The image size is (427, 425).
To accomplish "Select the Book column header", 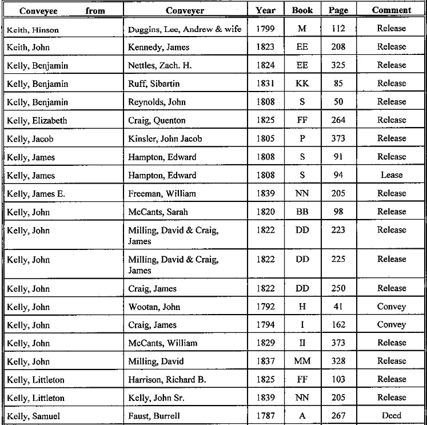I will coord(302,10).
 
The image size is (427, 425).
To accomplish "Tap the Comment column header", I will coord(391,10).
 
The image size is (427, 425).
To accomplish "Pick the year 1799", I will coord(266,29).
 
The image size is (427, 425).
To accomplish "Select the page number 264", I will coord(338,120).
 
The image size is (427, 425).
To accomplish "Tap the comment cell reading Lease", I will coord(391,175).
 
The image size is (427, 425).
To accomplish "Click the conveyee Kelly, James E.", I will coord(35,194).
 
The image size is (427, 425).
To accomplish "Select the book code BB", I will coord(302,212).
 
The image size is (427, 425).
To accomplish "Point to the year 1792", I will coord(266,306).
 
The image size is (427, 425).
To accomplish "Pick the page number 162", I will coord(338,324).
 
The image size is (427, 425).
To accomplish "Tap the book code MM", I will coord(302,361).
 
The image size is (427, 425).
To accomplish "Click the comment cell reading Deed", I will coord(391,416).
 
